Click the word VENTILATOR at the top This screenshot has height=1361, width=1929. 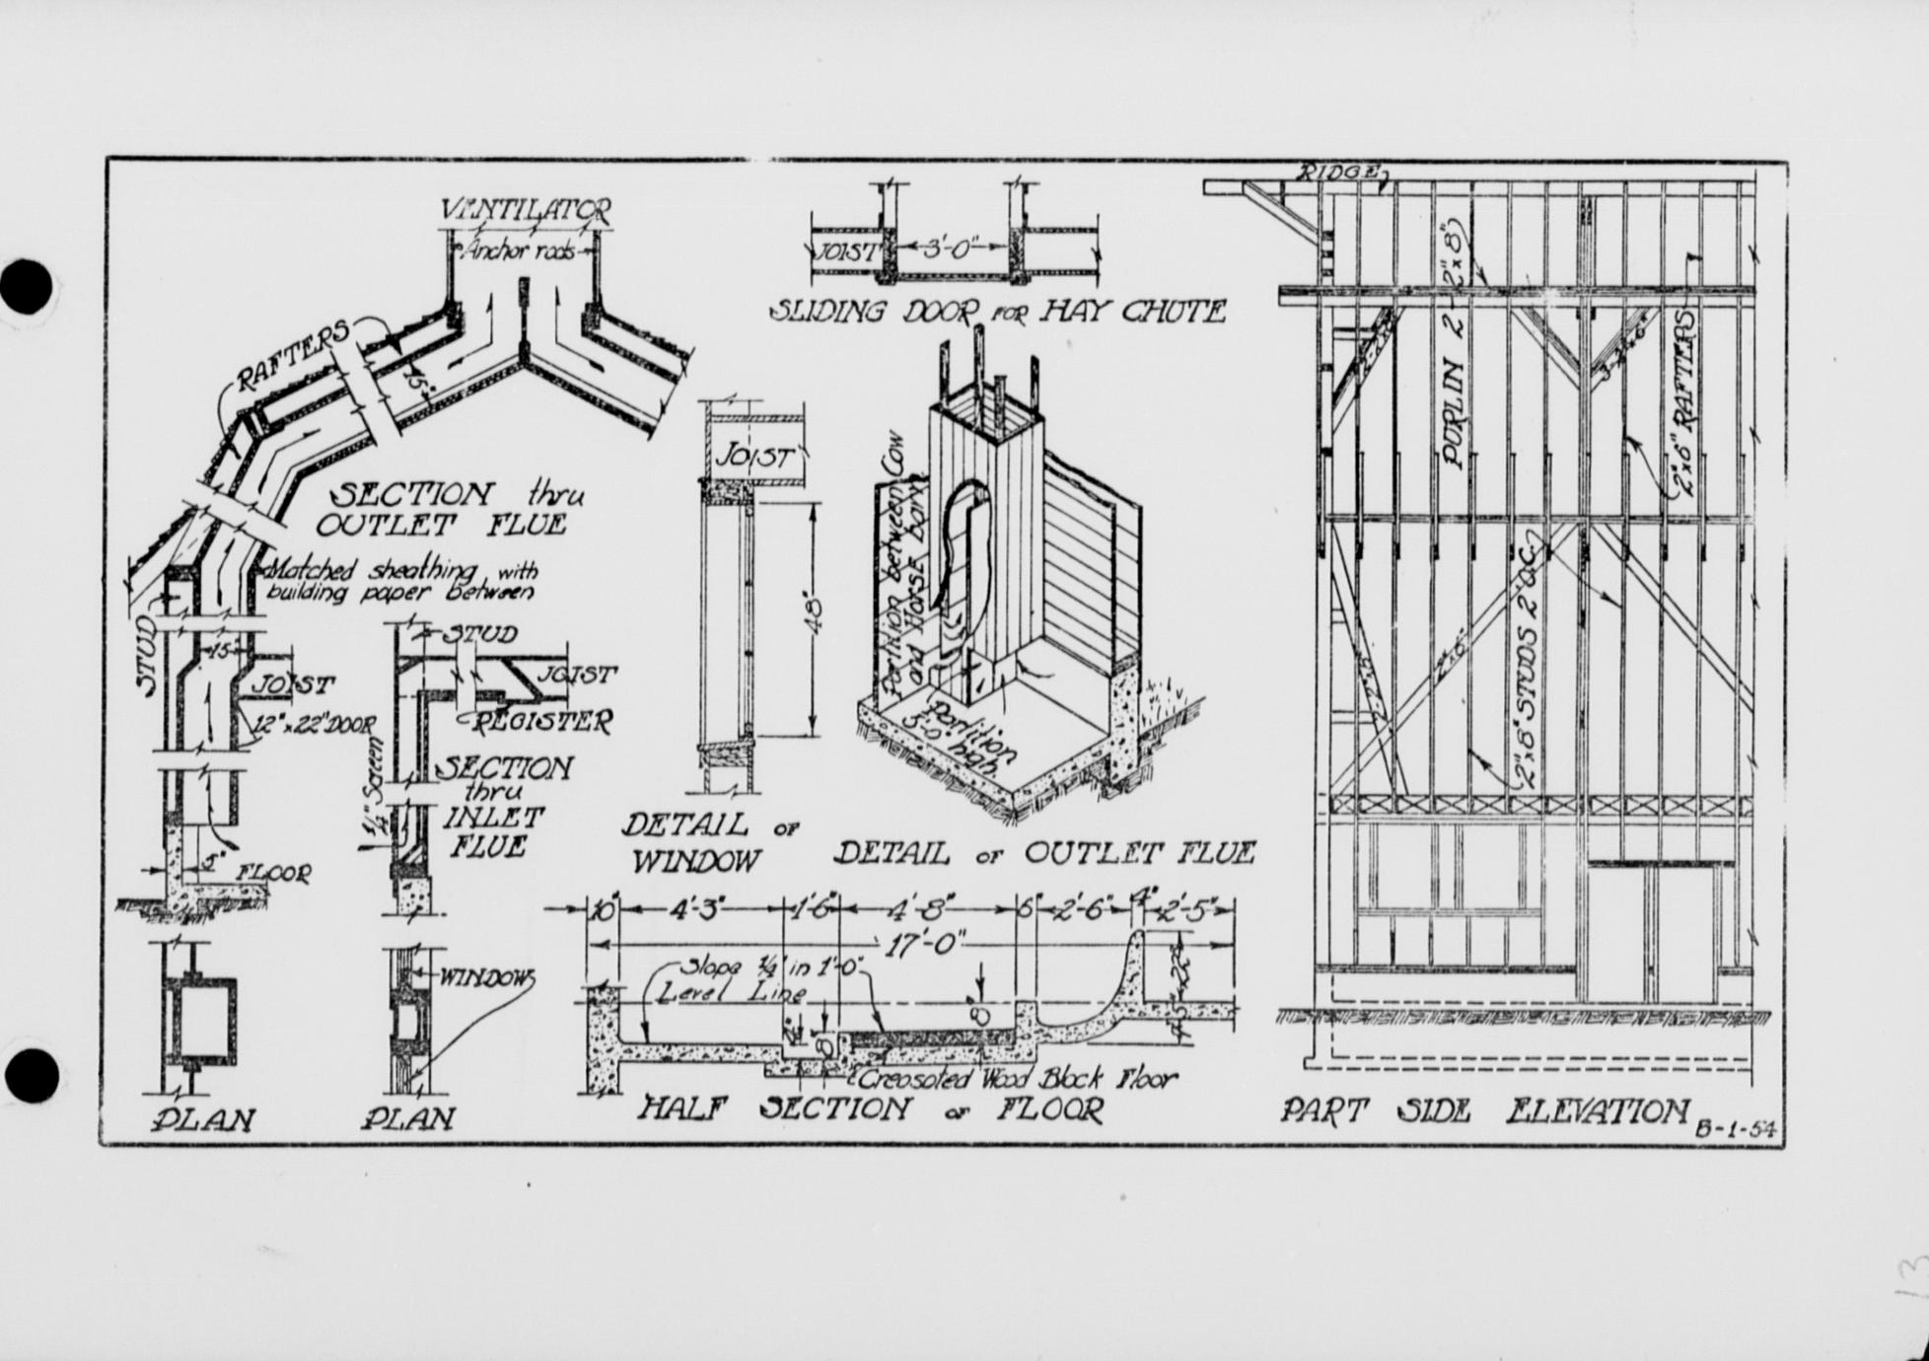pyautogui.click(x=526, y=210)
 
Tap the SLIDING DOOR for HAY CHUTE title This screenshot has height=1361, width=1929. pyautogui.click(x=997, y=313)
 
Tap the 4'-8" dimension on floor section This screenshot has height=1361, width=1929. pyautogui.click(x=927, y=909)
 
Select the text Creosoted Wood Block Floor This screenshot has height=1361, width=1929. pyautogui.click(x=1017, y=1077)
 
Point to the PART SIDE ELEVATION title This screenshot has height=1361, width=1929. pyautogui.click(x=1484, y=1112)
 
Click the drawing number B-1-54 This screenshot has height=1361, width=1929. pyautogui.click(x=1735, y=1130)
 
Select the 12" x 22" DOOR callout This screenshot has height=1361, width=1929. pyautogui.click(x=313, y=725)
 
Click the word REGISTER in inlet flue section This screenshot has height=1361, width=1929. pyautogui.click(x=541, y=722)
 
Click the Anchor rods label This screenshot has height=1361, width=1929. pyautogui.click(x=522, y=252)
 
